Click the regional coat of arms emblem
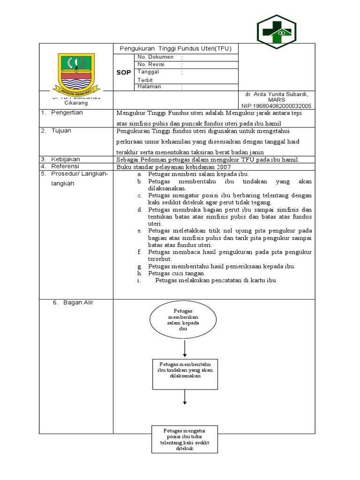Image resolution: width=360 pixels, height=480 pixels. click(x=75, y=73)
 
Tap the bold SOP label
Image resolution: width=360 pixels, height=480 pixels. click(x=124, y=73)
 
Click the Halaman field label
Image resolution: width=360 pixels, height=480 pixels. click(x=149, y=87)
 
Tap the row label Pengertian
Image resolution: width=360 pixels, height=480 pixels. click(x=67, y=113)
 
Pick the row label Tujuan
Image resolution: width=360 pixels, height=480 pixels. click(x=61, y=131)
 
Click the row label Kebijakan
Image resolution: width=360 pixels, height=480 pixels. click(x=65, y=159)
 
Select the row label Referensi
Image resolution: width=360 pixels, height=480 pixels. click(x=65, y=166)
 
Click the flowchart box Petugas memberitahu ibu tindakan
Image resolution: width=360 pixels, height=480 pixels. click(x=186, y=374)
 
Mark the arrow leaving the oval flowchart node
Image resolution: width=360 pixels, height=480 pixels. click(x=186, y=348)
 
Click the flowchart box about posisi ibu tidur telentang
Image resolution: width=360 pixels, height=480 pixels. click(x=185, y=439)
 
